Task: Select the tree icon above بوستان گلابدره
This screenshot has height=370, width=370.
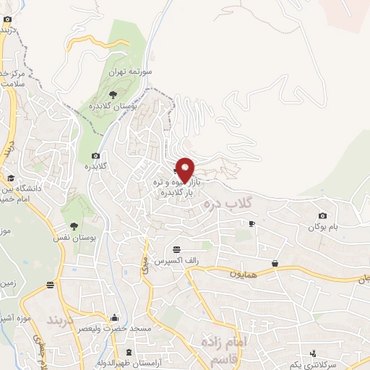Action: (112, 94)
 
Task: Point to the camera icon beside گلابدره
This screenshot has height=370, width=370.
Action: (96, 155)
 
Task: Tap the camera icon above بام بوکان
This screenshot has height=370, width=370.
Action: (322, 216)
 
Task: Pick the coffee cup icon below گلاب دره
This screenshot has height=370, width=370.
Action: (251, 224)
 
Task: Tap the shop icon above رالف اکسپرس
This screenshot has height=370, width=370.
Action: (176, 249)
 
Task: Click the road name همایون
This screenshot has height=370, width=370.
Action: (244, 274)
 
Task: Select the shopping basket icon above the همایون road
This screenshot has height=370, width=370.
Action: (275, 264)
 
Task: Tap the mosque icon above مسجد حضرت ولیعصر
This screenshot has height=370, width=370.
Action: (113, 317)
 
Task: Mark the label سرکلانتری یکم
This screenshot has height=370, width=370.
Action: (335, 366)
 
